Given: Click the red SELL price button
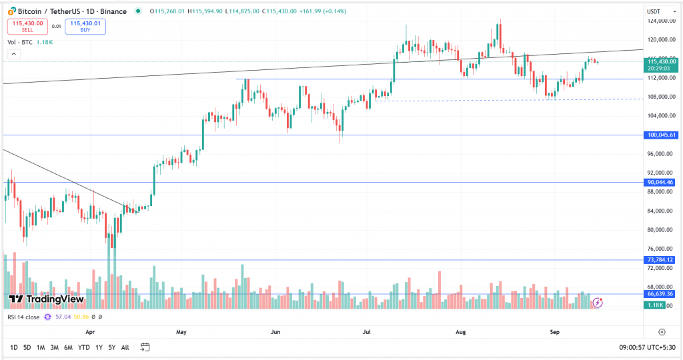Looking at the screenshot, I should pos(27,26).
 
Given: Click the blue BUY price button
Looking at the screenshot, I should pos(85,26).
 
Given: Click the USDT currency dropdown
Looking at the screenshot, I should pos(655,11).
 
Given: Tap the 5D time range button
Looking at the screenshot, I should pos(27,347).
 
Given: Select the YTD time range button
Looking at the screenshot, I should pos(83,347).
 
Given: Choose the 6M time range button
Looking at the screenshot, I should pos(68,347).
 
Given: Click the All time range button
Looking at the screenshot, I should pos(125,347).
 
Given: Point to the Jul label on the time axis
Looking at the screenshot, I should pos(367,331).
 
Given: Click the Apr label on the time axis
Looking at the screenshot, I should pos(91,331).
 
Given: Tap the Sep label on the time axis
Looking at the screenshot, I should pos(554,331).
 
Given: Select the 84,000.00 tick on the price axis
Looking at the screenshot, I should pos(660,211).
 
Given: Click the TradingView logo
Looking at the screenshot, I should pos(46,299).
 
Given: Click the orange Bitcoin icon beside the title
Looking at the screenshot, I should pos(12,11).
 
